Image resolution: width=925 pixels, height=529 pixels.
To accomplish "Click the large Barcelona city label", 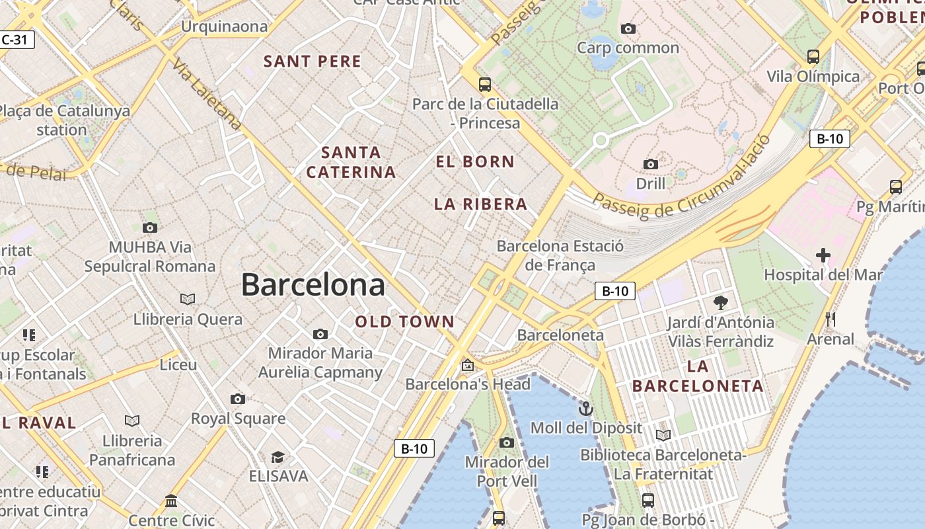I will point(313,285).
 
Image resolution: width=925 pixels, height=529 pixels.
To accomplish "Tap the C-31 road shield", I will point(15,40).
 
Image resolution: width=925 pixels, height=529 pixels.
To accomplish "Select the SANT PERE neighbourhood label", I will point(313,61).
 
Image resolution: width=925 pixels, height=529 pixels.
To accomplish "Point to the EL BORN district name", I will point(475,161).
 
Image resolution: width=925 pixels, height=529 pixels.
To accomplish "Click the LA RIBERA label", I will point(480,204).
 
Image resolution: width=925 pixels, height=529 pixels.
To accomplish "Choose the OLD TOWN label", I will point(405,322).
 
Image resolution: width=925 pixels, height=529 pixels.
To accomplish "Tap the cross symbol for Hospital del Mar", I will point(823,255).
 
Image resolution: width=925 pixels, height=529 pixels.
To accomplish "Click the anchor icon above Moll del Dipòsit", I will point(585,409).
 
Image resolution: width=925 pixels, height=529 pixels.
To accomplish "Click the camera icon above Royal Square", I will point(238,399).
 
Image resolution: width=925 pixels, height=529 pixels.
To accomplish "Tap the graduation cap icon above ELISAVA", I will point(277,457).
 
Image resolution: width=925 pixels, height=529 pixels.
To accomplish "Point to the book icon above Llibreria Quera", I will point(188,300).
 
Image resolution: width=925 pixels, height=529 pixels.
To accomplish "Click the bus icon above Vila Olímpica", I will point(813,57).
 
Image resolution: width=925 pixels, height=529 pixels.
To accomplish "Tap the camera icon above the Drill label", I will point(650,164).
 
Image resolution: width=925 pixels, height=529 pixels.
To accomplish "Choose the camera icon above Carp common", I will point(628,28).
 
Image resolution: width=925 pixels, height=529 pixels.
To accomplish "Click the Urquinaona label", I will point(225,26).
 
